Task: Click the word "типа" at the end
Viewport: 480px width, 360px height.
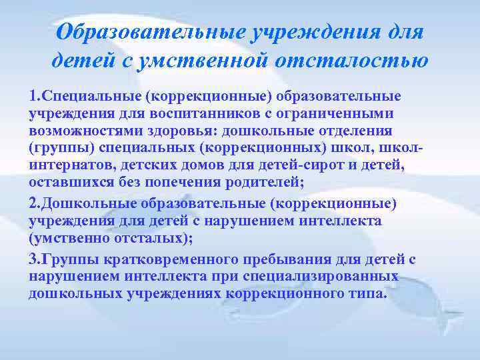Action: pos(368,293)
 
